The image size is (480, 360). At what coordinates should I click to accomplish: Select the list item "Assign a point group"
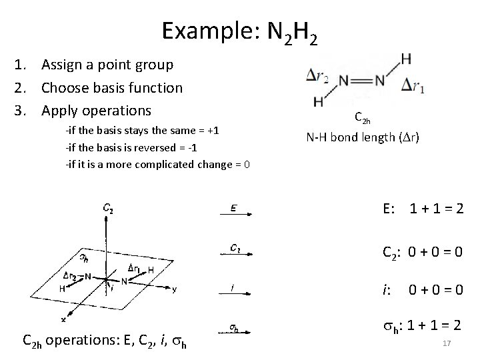point(107,65)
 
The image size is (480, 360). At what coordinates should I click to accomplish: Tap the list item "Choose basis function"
point(111,87)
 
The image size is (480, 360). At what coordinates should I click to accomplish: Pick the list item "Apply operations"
point(96,110)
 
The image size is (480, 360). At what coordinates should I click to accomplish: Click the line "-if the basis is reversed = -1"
point(130,147)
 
